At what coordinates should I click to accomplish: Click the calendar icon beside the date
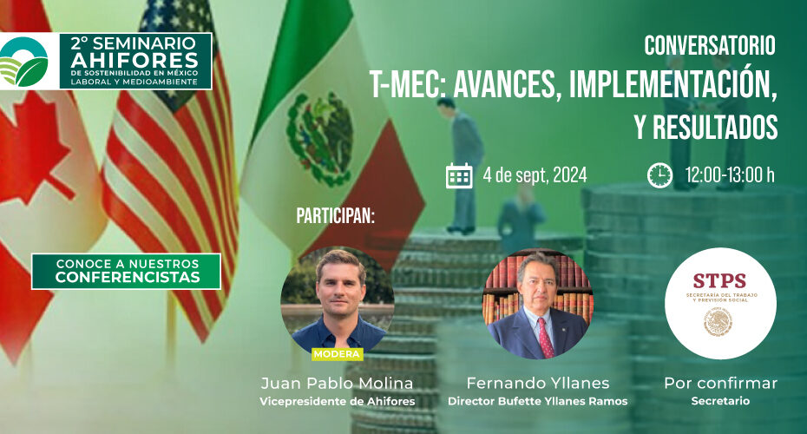coord(458,175)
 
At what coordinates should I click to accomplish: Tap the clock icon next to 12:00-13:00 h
coord(659,175)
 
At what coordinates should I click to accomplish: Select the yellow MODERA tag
coord(337,354)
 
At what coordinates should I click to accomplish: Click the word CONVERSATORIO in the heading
coord(710,46)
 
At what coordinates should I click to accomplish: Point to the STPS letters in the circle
coord(719,280)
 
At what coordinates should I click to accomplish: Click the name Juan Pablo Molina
coord(337,383)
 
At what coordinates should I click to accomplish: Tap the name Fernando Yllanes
coord(538,383)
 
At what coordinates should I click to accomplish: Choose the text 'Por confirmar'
coord(720,383)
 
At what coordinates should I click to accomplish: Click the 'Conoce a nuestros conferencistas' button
coord(126,272)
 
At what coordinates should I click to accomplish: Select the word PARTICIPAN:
coord(336,216)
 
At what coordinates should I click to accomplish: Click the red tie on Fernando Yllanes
coord(545,337)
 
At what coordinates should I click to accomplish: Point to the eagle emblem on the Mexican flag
coord(320,138)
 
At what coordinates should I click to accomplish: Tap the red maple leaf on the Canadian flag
coord(31,149)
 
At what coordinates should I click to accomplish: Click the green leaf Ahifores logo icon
coord(24,62)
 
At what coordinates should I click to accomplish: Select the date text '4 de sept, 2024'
coord(535,175)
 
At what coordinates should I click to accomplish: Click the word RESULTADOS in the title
coord(715,127)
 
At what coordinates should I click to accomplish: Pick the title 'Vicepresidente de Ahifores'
coord(337,401)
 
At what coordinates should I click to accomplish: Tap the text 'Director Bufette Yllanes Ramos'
coord(538,401)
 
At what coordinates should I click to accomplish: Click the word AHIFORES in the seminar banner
coord(134,60)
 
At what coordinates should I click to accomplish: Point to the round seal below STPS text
coord(718,321)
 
